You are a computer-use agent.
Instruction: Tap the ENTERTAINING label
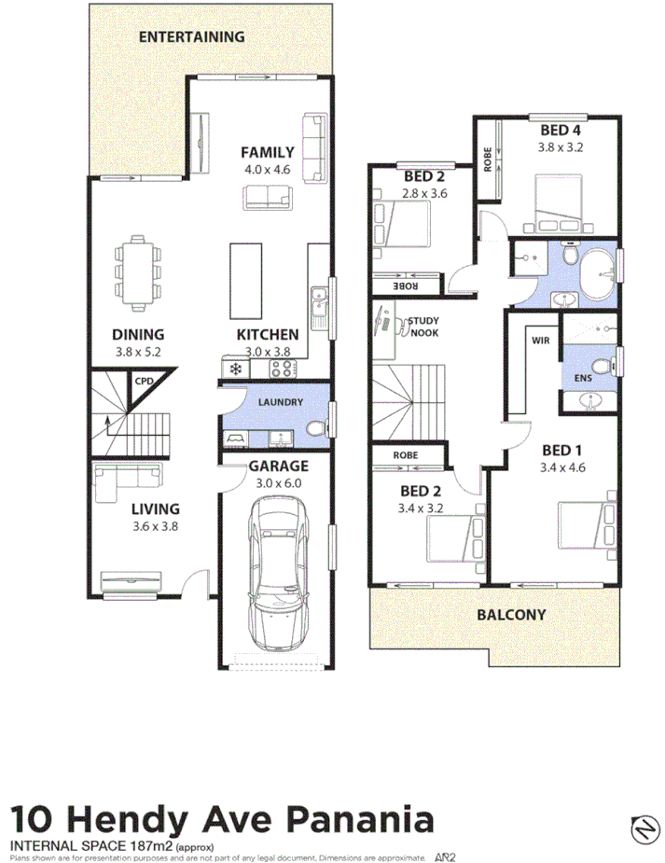191,37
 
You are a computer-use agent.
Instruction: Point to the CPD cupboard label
143,381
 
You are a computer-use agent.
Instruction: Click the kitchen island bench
247,281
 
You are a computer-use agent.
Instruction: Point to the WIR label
540,341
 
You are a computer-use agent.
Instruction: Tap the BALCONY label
511,615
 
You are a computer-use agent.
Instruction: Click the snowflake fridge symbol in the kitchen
236,369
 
